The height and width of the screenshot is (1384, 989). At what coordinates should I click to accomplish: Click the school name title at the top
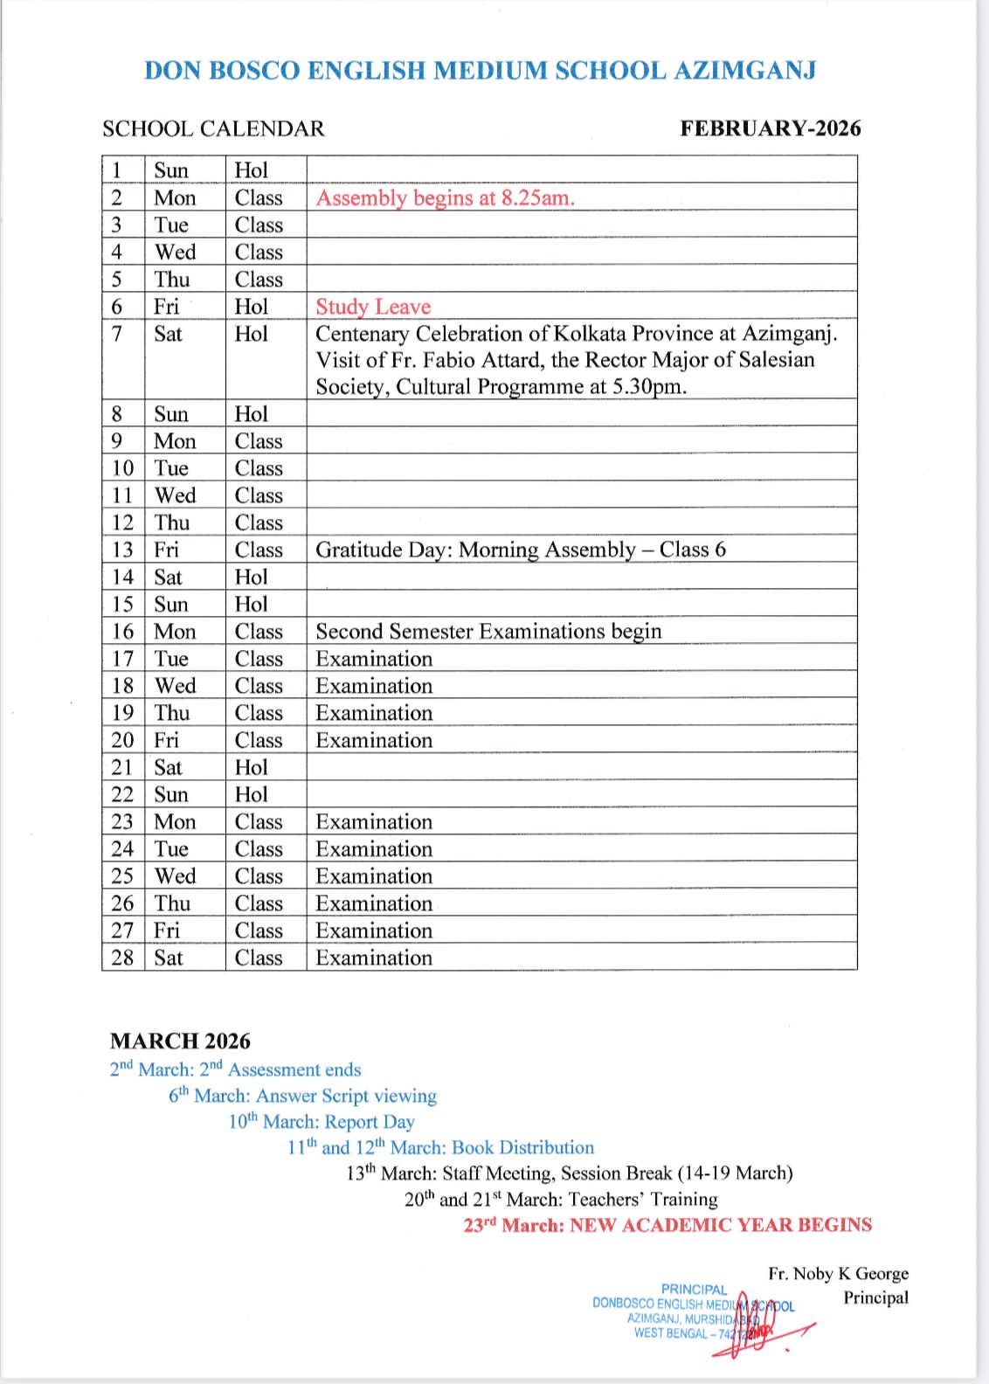click(x=480, y=71)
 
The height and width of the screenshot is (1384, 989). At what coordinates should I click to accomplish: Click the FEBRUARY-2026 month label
click(x=770, y=129)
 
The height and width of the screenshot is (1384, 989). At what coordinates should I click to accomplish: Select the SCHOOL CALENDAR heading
click(x=213, y=129)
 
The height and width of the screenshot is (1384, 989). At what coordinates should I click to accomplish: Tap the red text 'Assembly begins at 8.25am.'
click(x=445, y=197)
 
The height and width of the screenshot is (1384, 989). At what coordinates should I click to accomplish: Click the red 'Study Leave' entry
click(x=373, y=307)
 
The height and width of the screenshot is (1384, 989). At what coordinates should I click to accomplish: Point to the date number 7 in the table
click(x=117, y=334)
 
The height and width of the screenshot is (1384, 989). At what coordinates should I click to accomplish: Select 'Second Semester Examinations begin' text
click(x=488, y=631)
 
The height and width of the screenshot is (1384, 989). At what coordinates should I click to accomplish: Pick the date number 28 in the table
click(x=122, y=958)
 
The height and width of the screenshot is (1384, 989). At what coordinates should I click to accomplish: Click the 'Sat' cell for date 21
click(x=169, y=767)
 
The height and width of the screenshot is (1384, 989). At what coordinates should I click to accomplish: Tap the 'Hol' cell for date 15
click(x=251, y=604)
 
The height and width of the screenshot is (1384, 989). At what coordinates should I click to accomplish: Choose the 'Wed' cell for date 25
click(x=175, y=876)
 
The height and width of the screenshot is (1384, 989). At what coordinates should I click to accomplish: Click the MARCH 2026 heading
click(x=180, y=1041)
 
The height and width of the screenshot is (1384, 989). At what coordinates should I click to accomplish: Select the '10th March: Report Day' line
click(x=322, y=1122)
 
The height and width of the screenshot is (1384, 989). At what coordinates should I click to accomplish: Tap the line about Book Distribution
click(x=440, y=1147)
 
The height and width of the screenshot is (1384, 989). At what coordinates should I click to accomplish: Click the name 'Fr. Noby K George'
click(x=838, y=1273)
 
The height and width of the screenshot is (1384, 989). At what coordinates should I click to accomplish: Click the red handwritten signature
click(x=751, y=1325)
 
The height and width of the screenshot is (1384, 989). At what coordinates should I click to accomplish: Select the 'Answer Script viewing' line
click(x=302, y=1096)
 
